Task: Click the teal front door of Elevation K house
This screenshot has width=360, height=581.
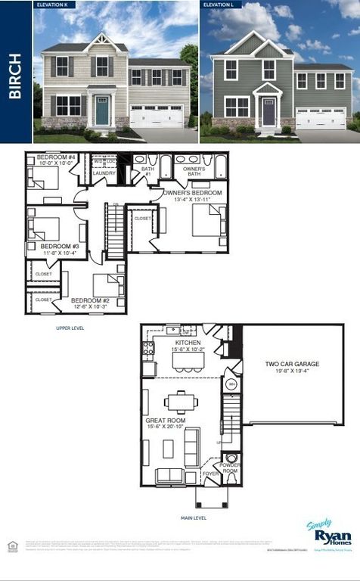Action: (101, 111)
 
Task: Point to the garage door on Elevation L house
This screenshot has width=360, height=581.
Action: (321, 119)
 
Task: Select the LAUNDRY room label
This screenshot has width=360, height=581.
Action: (104, 173)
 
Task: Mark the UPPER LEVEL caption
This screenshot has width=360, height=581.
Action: (70, 328)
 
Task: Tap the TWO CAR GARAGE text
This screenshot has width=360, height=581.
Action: (291, 364)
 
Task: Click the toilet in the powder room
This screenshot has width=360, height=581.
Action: (232, 458)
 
